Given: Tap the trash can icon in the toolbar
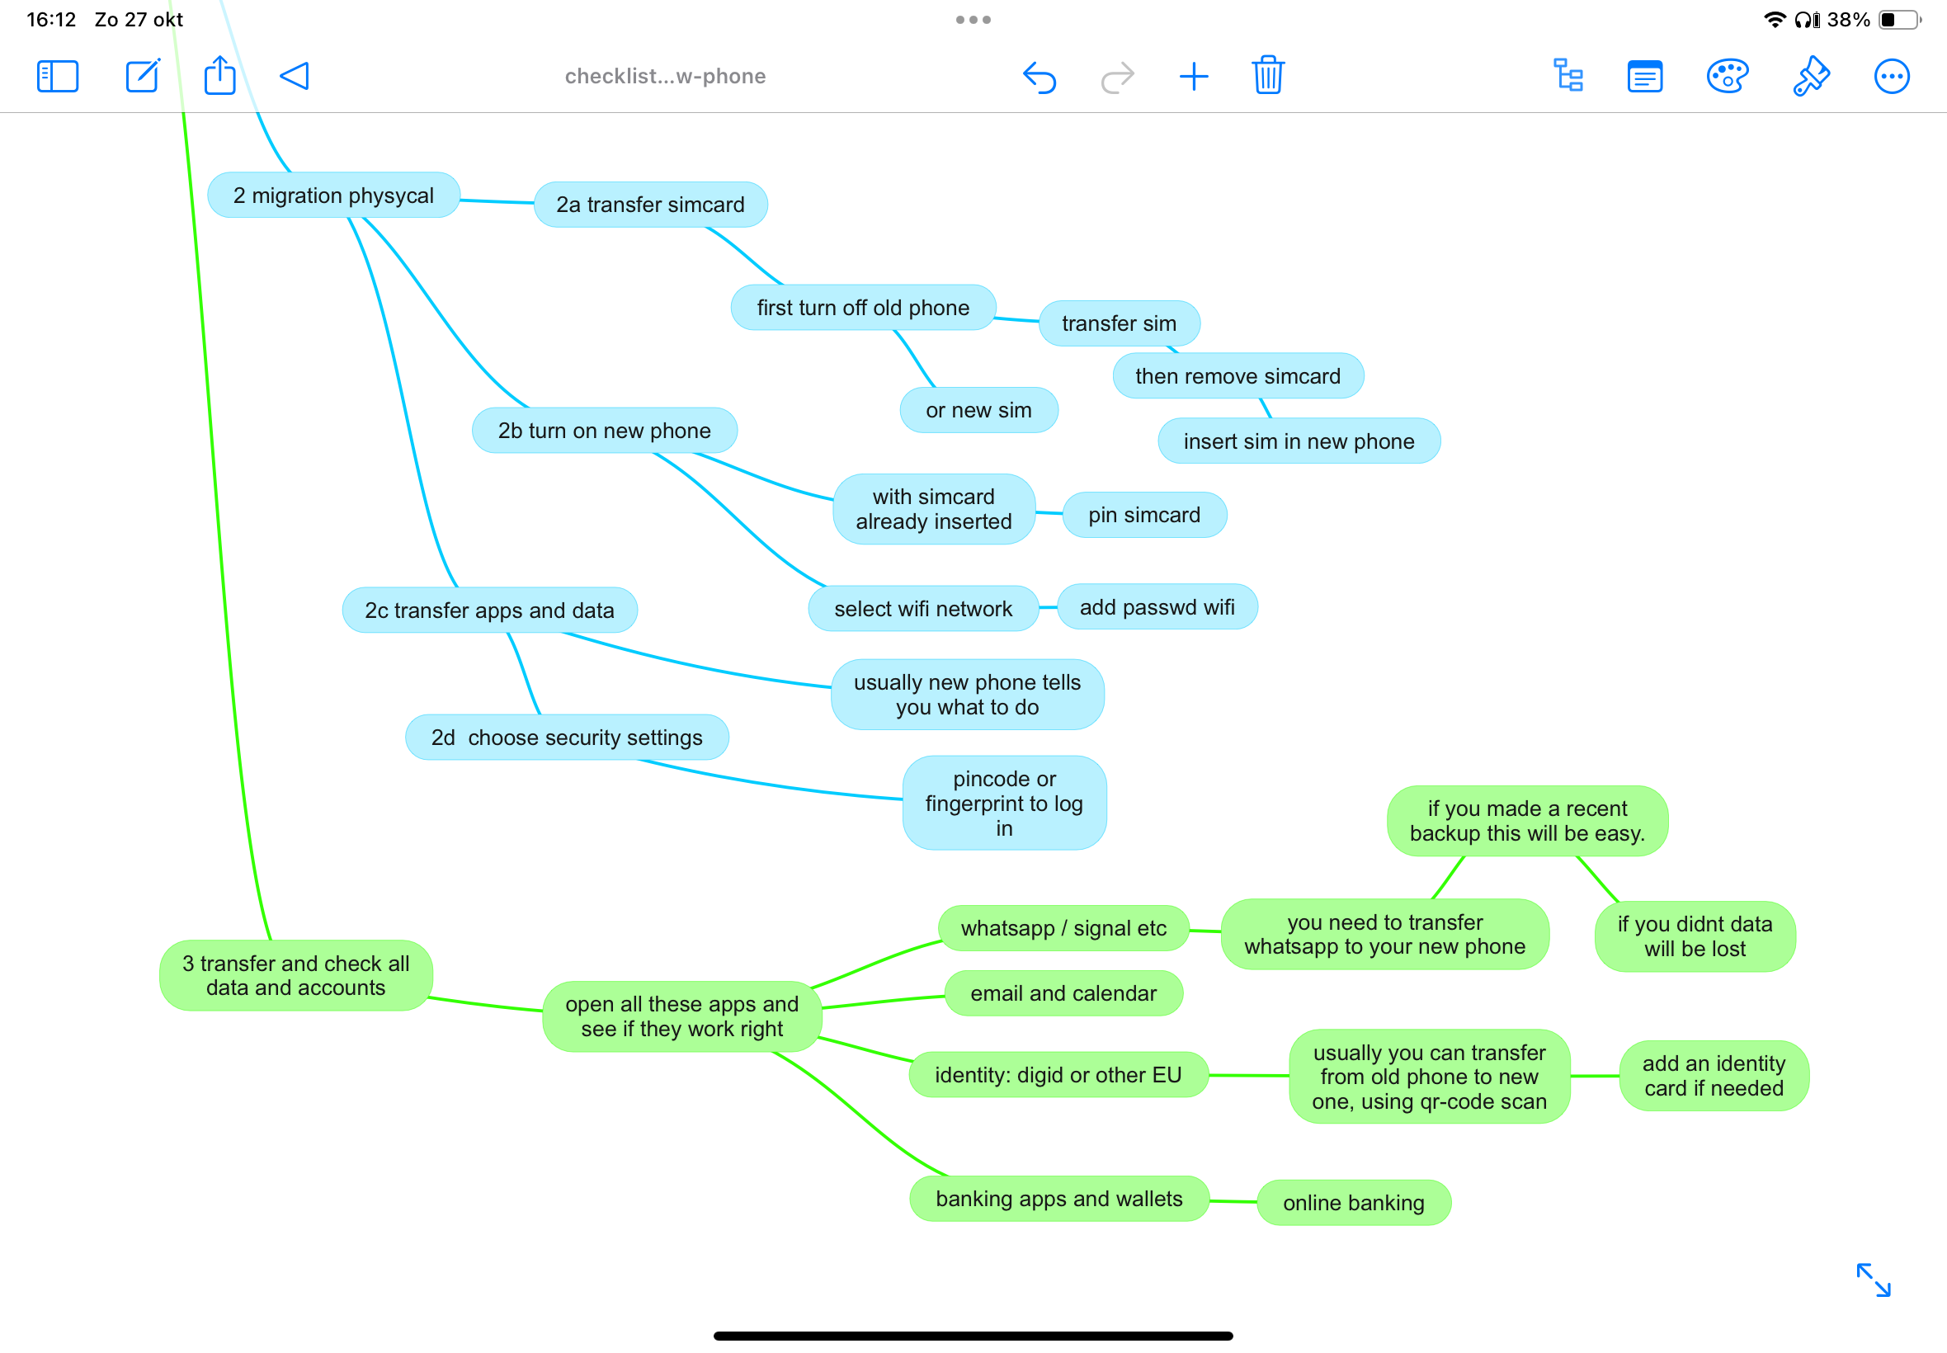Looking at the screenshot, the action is (1268, 75).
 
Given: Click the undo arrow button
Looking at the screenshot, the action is (1039, 78).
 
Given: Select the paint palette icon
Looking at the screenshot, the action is (1727, 76).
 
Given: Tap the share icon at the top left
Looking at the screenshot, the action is (219, 74).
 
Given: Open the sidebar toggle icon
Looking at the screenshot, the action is (58, 76).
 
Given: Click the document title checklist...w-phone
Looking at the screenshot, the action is (666, 76).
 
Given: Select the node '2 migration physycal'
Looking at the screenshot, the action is (334, 195).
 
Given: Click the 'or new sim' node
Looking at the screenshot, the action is (979, 410).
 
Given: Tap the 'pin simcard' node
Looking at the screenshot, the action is (1145, 515).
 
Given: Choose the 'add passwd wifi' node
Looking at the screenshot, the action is (1157, 607).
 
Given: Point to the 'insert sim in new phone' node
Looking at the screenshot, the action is (1299, 441).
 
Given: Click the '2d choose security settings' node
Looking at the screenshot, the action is (567, 738).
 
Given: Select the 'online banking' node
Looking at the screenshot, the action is (1354, 1203).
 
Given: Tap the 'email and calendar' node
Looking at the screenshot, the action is (1063, 993).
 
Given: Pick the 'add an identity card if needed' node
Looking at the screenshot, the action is (1714, 1076).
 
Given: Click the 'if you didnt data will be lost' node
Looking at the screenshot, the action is (1695, 936).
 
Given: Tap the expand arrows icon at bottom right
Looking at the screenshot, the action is (1874, 1280).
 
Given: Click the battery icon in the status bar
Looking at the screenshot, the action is (1899, 20).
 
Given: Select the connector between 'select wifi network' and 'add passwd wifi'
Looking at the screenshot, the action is (1048, 608).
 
